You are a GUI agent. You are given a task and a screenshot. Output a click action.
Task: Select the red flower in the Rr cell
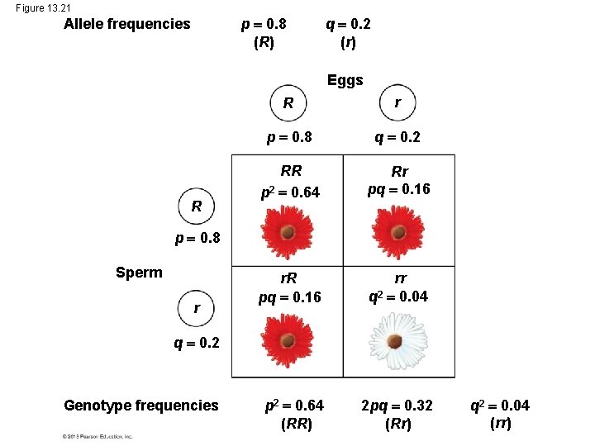pyautogui.click(x=398, y=230)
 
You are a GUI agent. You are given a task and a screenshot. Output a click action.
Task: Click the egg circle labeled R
pyautogui.click(x=288, y=104)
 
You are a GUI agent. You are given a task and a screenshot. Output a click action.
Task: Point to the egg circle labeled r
pyautogui.click(x=398, y=103)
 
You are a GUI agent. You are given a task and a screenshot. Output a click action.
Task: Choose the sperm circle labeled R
pyautogui.click(x=197, y=205)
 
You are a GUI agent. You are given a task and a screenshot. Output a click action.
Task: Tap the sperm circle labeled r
pyautogui.click(x=197, y=308)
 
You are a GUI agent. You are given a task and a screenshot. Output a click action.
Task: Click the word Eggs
pyautogui.click(x=345, y=80)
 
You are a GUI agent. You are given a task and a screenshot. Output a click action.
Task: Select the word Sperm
pyautogui.click(x=139, y=273)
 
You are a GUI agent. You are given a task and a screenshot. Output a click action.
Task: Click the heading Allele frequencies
pyautogui.click(x=127, y=24)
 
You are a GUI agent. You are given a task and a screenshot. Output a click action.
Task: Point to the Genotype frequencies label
pyautogui.click(x=141, y=405)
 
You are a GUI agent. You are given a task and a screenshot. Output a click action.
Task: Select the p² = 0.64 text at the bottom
pyautogui.click(x=293, y=405)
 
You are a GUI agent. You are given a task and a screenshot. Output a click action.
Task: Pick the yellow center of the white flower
pyautogui.click(x=398, y=340)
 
